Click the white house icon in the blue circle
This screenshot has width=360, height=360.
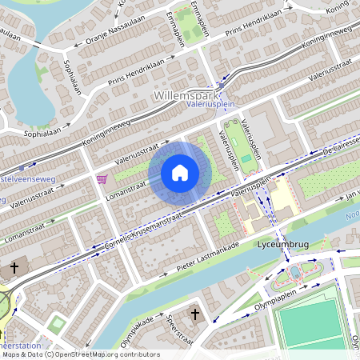(180, 172)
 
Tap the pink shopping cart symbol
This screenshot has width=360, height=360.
(102, 178)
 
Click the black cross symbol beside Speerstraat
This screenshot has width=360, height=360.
(195, 314)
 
